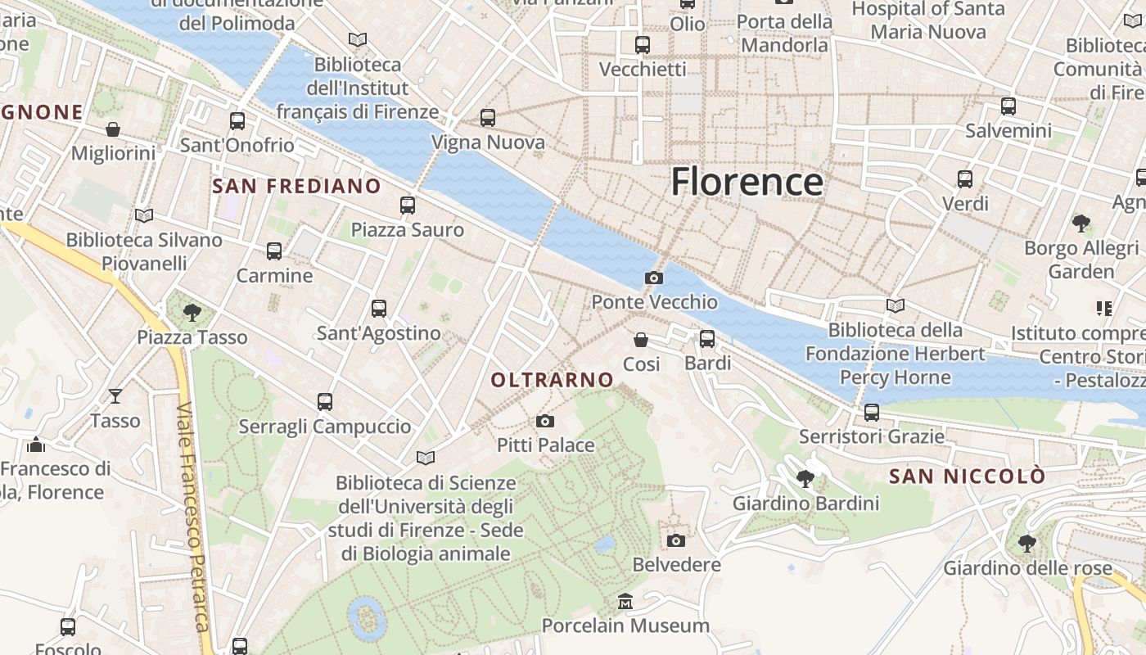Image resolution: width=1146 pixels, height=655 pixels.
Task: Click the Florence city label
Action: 747,182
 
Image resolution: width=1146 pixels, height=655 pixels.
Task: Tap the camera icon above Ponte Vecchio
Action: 653,278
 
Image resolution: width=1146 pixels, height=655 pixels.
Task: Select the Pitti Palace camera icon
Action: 545,422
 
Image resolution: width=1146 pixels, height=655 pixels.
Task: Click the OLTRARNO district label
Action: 552,380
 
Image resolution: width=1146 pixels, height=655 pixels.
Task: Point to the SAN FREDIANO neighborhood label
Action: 297,186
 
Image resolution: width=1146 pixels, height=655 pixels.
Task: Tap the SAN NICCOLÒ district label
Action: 968,476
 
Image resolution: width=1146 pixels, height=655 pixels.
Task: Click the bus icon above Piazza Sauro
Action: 408,206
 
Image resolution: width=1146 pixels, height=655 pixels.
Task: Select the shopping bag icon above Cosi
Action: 641,339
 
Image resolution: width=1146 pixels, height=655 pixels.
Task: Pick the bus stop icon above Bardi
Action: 707,338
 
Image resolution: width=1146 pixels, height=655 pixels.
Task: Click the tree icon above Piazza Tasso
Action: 192,312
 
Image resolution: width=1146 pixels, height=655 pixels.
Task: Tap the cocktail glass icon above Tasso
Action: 115,396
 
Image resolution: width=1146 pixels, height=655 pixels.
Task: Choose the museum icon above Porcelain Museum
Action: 625,602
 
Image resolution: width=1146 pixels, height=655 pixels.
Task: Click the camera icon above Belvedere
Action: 676,540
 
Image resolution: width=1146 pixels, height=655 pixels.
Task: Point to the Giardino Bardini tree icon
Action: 805,479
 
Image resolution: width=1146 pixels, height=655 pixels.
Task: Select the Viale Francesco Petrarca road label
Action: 193,516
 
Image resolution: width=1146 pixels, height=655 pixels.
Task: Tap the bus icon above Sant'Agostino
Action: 378,309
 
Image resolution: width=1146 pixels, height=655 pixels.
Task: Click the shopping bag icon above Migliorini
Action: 113,129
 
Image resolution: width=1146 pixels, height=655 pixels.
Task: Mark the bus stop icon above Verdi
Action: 965,178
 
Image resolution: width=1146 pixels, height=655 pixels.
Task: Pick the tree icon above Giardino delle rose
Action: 1027,544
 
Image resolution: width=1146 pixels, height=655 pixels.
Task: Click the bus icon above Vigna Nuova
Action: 488,118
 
